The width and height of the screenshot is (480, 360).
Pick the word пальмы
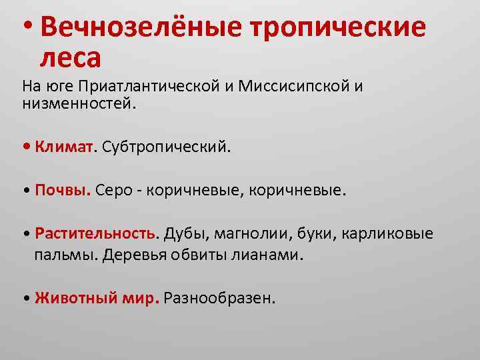[x=67, y=255]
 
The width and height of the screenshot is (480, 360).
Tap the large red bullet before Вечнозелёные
[x=26, y=25]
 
